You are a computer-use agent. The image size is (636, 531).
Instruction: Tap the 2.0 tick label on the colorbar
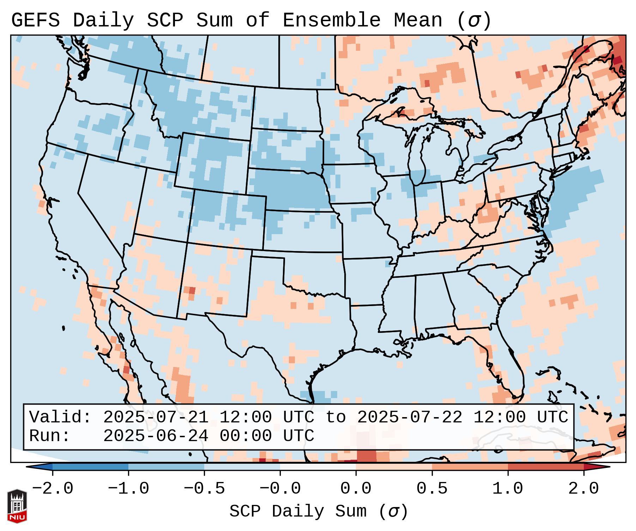[x=583, y=489]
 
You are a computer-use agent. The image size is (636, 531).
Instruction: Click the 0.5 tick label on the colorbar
[x=432, y=489]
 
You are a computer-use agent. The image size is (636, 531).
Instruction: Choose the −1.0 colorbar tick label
[x=128, y=489]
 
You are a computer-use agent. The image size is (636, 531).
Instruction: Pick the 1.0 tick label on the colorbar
[x=508, y=489]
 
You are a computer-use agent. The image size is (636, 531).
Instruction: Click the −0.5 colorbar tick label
[x=204, y=489]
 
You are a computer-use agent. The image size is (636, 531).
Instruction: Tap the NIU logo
[x=17, y=506]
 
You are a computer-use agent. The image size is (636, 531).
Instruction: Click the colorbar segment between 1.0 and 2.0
[x=545, y=467]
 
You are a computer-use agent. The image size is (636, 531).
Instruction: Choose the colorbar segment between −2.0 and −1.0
[x=90, y=467]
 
